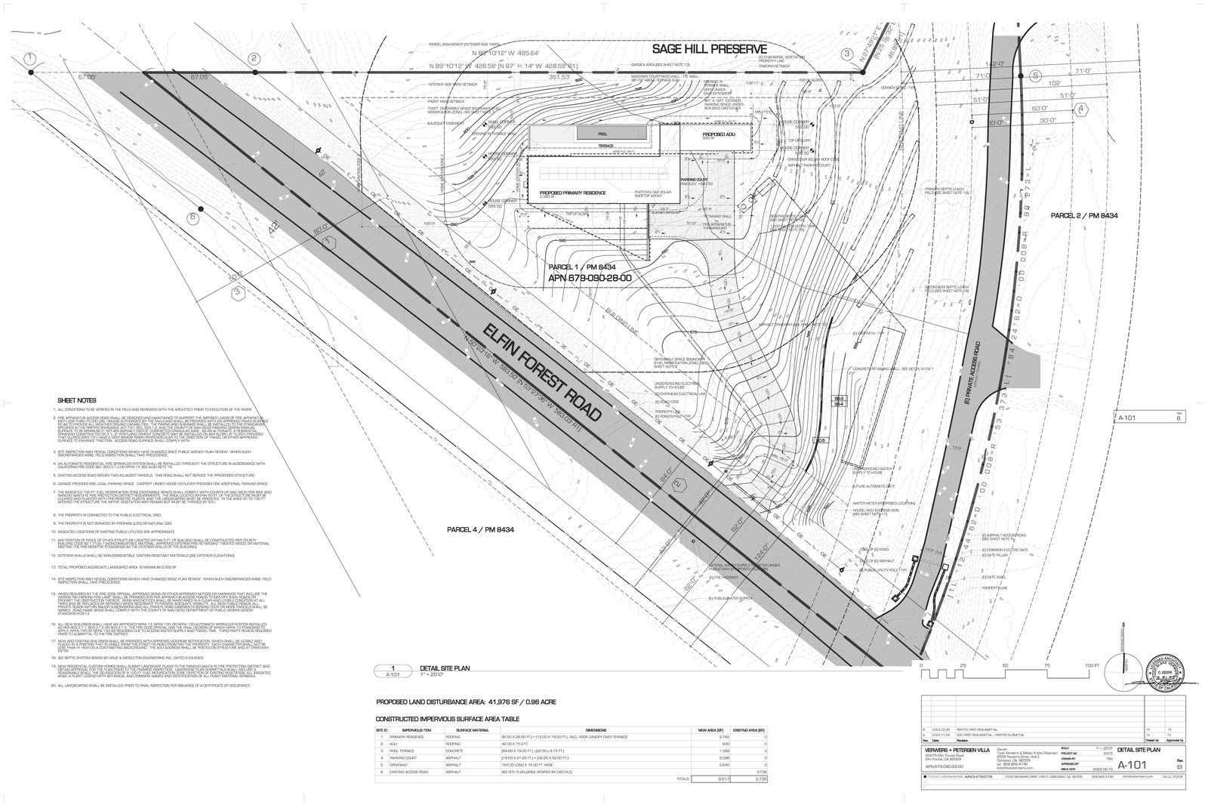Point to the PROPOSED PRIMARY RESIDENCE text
click(x=572, y=193)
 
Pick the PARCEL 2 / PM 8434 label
click(x=1083, y=216)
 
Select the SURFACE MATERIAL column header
click(x=473, y=731)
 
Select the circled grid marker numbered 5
click(x=1035, y=76)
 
